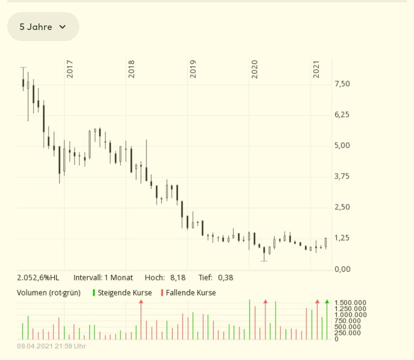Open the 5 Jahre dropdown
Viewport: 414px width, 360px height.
point(43,27)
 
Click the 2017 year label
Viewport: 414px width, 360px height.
point(70,69)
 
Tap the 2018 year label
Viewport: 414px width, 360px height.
point(131,69)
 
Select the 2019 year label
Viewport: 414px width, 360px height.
point(193,69)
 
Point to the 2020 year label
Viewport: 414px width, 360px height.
point(254,69)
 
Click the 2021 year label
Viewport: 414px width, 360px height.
point(316,69)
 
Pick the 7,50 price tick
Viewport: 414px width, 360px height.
point(342,84)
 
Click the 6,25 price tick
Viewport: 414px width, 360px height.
point(342,115)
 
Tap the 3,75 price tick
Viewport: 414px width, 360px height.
point(342,177)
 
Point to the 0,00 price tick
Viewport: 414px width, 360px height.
point(342,269)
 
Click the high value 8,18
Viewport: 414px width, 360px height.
point(178,278)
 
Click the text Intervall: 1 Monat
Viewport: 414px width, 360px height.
point(103,278)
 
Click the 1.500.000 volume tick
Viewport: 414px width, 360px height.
point(350,303)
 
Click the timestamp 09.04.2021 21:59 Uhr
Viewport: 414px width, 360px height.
point(51,346)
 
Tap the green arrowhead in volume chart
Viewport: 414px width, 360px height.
point(327,302)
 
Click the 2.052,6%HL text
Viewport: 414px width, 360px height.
point(38,278)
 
